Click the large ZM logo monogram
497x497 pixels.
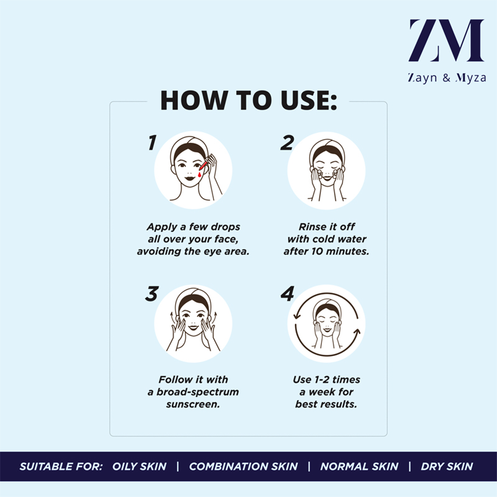(x=446, y=40)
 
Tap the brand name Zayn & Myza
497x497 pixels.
(x=447, y=78)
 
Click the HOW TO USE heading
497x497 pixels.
(x=248, y=100)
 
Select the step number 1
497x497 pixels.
(x=152, y=142)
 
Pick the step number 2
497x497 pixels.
(x=287, y=142)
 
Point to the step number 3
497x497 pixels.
(x=152, y=294)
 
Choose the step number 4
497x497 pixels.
(x=288, y=294)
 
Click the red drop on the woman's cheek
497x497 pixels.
(x=199, y=175)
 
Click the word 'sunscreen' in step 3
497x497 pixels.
(x=193, y=404)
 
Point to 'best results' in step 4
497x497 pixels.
(x=326, y=404)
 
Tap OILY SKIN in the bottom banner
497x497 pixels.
(x=140, y=466)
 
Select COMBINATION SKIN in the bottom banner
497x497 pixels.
(x=244, y=466)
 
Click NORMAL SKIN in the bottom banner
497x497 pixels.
(x=359, y=466)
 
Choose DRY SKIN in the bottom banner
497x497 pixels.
(x=447, y=466)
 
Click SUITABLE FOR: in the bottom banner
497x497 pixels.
(x=61, y=466)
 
